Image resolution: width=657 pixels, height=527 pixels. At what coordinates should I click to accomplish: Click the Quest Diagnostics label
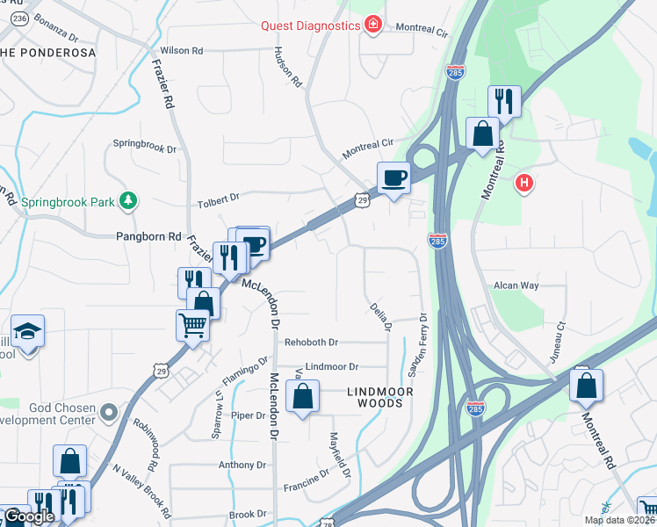[x=310, y=25]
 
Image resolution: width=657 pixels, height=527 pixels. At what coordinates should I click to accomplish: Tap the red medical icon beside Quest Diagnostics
[x=373, y=24]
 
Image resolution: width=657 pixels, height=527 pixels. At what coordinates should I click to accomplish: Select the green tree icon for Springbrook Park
[x=128, y=201]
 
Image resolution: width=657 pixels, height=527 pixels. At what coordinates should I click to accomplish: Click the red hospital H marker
[x=524, y=184]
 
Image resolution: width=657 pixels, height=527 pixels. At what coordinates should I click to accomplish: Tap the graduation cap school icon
[x=28, y=332]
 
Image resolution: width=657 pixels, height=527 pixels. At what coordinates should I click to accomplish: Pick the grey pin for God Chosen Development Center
[x=108, y=411]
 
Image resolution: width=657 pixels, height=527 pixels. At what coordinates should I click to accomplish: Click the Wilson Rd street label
[x=181, y=51]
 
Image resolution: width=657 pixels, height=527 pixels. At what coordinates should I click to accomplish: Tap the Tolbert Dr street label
[x=219, y=199]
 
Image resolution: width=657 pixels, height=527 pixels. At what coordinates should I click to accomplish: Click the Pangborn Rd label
[x=148, y=236]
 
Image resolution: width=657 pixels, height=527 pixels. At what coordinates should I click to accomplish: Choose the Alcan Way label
[x=516, y=285]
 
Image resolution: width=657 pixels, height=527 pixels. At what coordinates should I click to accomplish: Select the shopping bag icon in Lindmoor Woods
[x=302, y=395]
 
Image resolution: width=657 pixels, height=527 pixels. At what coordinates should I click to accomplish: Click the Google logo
[x=29, y=516]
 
